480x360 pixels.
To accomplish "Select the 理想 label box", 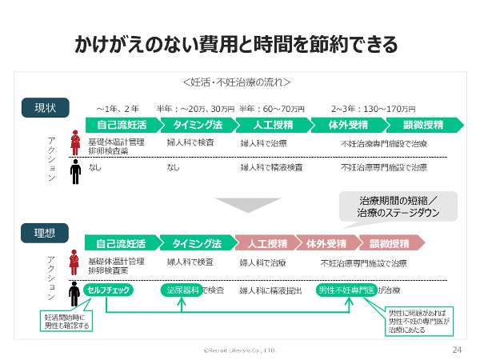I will (x=45, y=234).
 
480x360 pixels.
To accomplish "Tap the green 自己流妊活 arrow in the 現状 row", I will (x=121, y=125).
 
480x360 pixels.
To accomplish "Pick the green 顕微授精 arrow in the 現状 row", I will (x=420, y=125).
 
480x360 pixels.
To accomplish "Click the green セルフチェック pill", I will (x=110, y=290).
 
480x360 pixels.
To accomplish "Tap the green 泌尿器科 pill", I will (x=181, y=290).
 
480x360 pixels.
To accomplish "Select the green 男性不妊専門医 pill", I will (x=345, y=290).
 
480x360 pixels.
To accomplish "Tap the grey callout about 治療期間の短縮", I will (x=398, y=206).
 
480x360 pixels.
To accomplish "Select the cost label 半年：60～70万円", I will (x=272, y=109).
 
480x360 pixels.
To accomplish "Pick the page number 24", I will (x=457, y=350).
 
